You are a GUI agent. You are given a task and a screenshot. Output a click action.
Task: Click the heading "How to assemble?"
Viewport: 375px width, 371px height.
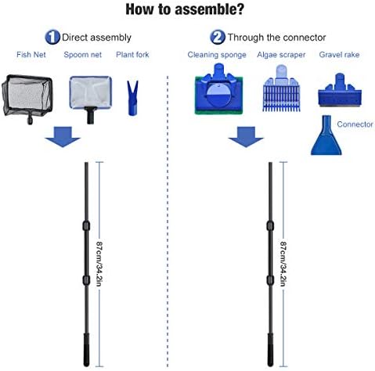[x=187, y=10]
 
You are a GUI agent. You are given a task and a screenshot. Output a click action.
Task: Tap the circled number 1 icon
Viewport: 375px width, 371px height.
[x=52, y=37]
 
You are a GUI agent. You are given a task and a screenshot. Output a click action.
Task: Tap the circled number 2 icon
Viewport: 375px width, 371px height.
[x=216, y=37]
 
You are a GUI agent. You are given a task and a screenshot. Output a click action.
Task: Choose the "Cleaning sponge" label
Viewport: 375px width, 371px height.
[x=216, y=55]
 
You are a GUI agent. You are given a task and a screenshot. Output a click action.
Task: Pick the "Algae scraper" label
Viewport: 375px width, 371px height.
[x=280, y=55]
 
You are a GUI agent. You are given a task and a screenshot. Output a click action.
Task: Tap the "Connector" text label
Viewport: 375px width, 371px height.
[x=355, y=124]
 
